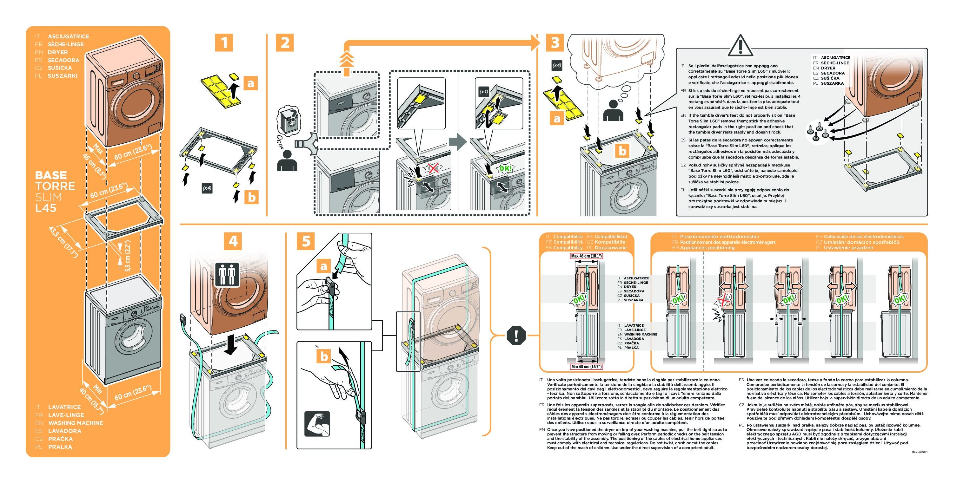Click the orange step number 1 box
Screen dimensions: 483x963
click(224, 42)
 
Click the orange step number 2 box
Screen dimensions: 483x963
click(285, 42)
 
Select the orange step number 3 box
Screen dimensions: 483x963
click(555, 42)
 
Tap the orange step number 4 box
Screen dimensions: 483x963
click(233, 241)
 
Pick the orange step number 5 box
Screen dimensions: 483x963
click(306, 241)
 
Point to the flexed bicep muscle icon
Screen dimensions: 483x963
click(317, 424)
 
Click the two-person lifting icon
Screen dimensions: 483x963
click(227, 275)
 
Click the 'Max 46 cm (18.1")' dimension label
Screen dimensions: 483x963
click(586, 256)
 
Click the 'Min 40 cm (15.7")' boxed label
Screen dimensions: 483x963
click(586, 367)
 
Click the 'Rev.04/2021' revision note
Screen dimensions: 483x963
click(919, 452)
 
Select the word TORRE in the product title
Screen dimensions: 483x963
click(55, 186)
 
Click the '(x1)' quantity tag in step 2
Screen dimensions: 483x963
click(484, 91)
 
